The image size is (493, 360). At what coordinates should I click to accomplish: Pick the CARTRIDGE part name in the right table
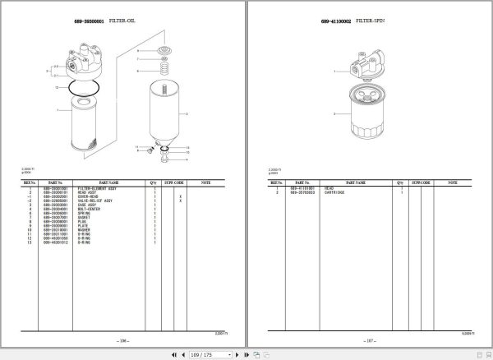click(x=334, y=192)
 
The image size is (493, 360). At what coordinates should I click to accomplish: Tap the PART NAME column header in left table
click(x=109, y=182)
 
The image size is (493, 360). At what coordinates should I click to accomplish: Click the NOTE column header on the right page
click(x=451, y=182)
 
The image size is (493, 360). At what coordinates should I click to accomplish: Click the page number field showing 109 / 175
click(x=201, y=354)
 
